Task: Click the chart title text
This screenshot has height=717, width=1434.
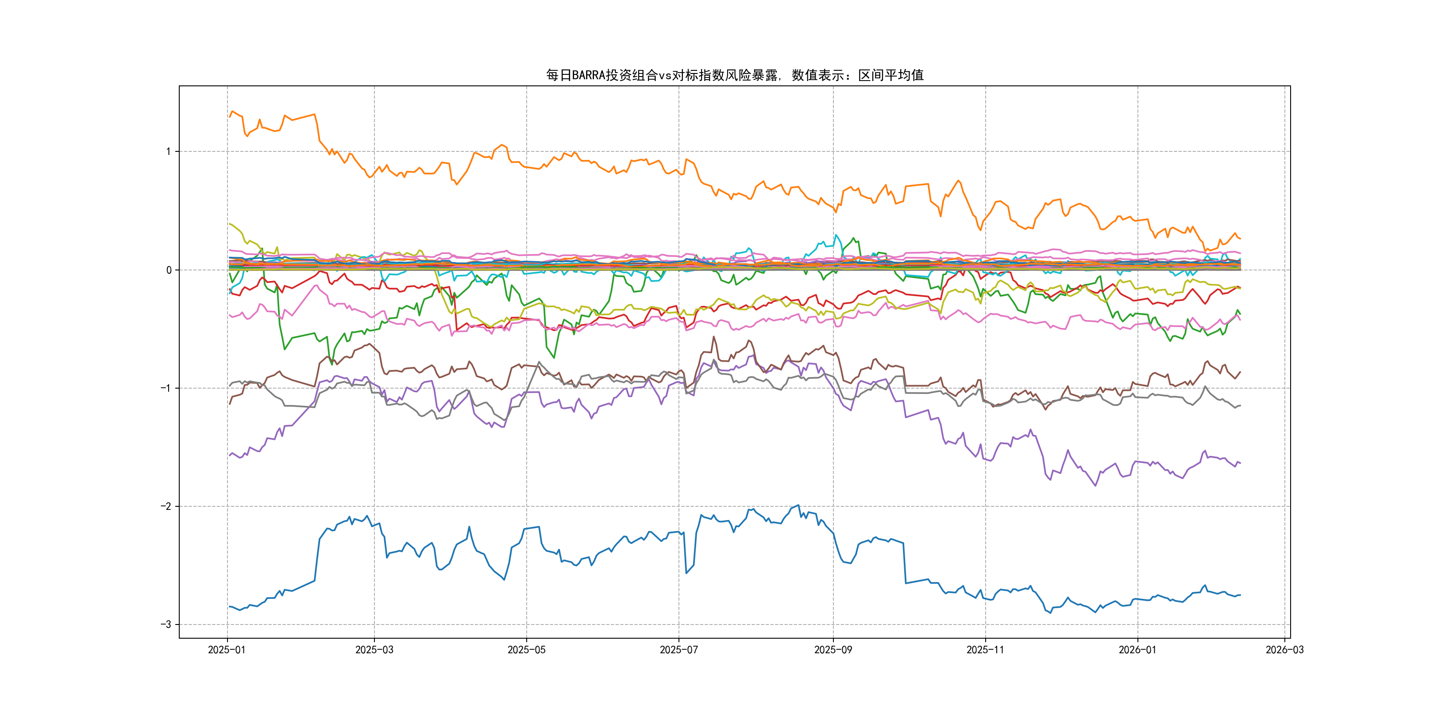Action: pyautogui.click(x=734, y=75)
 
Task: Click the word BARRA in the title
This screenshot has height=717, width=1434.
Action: pyautogui.click(x=588, y=75)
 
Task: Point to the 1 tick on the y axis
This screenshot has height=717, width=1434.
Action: pyautogui.click(x=168, y=151)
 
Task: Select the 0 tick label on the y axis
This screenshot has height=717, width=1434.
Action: pyautogui.click(x=169, y=270)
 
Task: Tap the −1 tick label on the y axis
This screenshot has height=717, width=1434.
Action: pyautogui.click(x=166, y=388)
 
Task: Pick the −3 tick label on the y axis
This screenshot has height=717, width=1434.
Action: pyautogui.click(x=166, y=624)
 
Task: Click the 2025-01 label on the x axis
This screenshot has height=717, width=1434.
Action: pyautogui.click(x=227, y=650)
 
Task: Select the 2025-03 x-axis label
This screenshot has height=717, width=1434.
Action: pyautogui.click(x=374, y=650)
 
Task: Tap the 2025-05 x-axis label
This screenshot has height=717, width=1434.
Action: pyautogui.click(x=526, y=650)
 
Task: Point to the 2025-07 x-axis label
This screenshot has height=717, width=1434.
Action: pyautogui.click(x=678, y=650)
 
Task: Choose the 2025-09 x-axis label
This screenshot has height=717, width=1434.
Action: pyautogui.click(x=833, y=650)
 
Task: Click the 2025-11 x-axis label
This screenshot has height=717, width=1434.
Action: pyautogui.click(x=985, y=650)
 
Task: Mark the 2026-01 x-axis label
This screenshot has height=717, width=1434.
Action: pyautogui.click(x=1137, y=650)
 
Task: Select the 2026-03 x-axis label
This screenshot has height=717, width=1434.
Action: pyautogui.click(x=1284, y=650)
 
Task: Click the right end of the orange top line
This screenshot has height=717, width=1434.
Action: pyautogui.click(x=1240, y=238)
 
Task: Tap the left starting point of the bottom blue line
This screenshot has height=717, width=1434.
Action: pyautogui.click(x=229, y=606)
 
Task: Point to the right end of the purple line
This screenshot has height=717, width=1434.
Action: pyautogui.click(x=1240, y=463)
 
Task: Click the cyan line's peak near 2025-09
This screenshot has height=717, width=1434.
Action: pyautogui.click(x=836, y=235)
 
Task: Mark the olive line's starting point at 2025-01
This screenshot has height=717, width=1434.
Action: pyautogui.click(x=229, y=224)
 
